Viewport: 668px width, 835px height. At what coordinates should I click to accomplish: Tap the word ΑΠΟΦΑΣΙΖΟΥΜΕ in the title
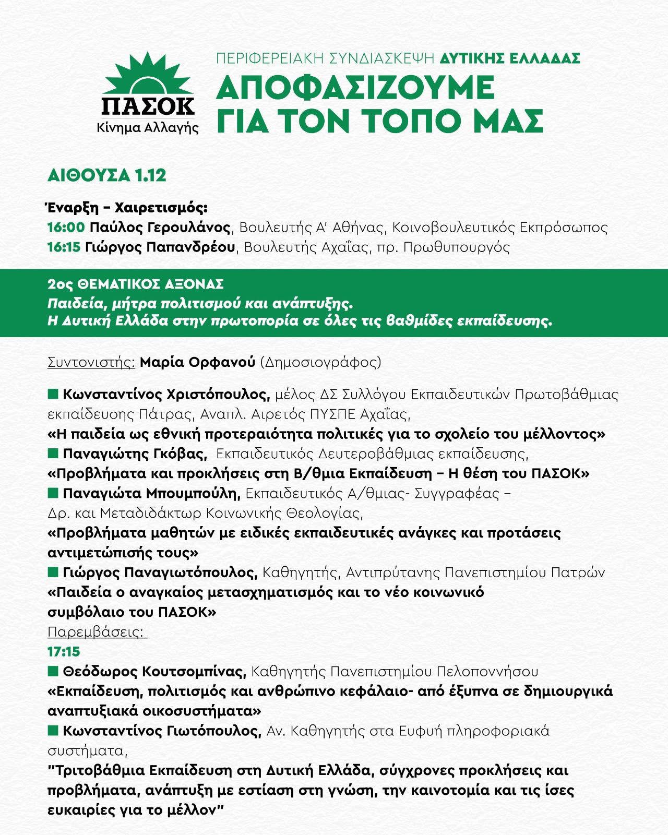(355, 88)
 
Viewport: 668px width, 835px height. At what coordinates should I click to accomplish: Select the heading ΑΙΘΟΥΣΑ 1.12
(106, 175)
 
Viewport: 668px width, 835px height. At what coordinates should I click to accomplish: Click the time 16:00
(66, 228)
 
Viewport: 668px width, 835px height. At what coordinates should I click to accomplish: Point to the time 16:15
(64, 247)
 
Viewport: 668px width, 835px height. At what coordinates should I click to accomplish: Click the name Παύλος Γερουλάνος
(160, 228)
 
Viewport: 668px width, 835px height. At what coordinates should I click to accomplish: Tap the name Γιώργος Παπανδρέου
(162, 247)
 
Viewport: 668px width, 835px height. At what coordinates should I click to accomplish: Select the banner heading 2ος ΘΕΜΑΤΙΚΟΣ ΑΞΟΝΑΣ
(135, 284)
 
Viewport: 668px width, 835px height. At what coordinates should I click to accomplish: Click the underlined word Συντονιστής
(91, 362)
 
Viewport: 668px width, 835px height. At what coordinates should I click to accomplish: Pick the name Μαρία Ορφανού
(198, 362)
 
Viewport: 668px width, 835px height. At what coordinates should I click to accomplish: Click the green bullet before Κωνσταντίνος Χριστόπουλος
(52, 393)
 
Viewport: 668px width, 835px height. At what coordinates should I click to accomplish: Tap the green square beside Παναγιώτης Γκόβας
(52, 453)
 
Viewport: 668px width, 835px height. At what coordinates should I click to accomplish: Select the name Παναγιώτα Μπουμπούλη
(151, 493)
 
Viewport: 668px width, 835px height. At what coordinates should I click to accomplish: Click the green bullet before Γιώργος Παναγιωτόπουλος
(52, 572)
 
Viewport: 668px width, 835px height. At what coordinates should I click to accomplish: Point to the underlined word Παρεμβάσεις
(97, 633)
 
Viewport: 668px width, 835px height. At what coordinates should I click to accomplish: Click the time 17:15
(64, 652)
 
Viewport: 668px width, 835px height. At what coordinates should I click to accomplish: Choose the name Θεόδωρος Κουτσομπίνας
(154, 672)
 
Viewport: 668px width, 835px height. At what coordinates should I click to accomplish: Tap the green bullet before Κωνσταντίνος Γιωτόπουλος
(52, 731)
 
